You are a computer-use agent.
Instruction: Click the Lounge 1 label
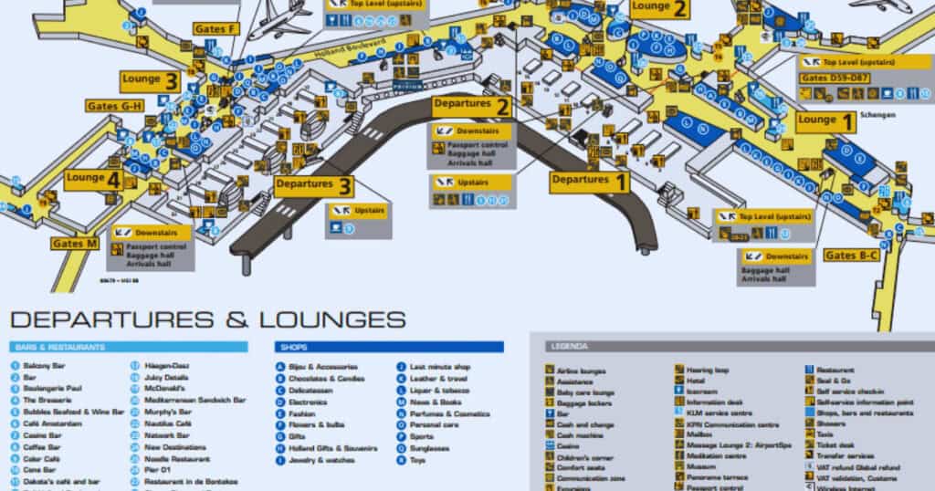click(x=825, y=120)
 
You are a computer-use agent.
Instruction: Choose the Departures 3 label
click(x=314, y=186)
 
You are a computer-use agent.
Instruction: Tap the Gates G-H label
click(x=115, y=106)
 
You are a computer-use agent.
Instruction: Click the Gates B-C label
click(x=851, y=255)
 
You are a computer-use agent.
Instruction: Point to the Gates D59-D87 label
click(x=835, y=78)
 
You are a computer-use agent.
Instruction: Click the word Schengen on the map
click(x=877, y=116)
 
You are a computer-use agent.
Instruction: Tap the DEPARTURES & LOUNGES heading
click(x=208, y=319)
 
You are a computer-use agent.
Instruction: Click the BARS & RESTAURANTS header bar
click(x=129, y=347)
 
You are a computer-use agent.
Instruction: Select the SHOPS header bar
click(x=389, y=347)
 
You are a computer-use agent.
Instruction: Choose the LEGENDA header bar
click(x=730, y=347)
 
